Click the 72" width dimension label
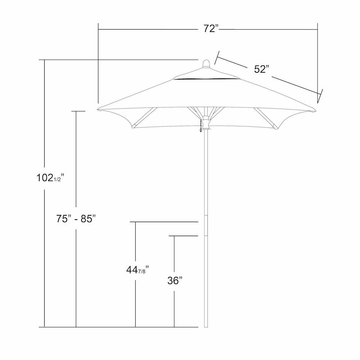click(211, 29)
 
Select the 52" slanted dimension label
click(261, 69)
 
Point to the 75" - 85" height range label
click(76, 219)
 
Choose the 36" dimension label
click(175, 280)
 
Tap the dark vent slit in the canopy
click(206, 80)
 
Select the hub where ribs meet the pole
click(206, 122)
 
